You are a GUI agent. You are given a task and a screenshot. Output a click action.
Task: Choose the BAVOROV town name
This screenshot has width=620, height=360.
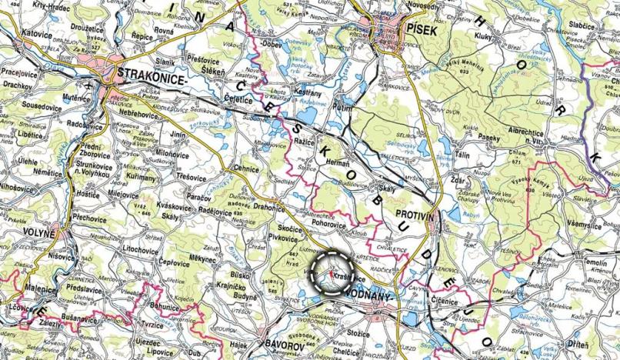[x=285, y=337]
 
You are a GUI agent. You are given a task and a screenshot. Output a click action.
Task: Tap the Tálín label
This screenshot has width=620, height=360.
[x=484, y=154]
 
